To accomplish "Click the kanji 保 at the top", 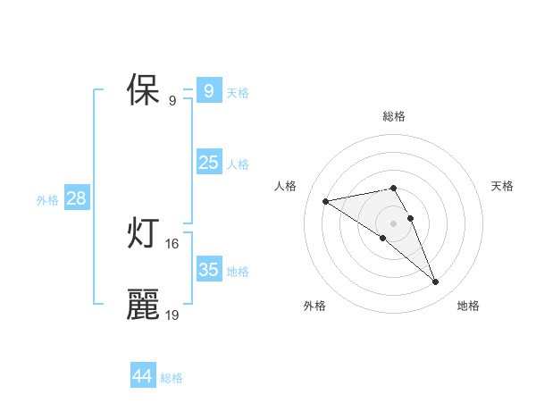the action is pyautogui.click(x=143, y=91).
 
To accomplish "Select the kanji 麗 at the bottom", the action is pyautogui.click(x=143, y=305).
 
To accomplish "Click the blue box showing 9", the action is pyautogui.click(x=208, y=91).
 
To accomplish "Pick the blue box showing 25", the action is pyautogui.click(x=208, y=163).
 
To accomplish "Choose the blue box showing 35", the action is pyautogui.click(x=208, y=270).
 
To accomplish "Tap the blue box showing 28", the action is pyautogui.click(x=76, y=198).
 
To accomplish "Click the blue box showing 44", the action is pyautogui.click(x=143, y=376).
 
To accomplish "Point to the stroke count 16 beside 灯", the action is pyautogui.click(x=172, y=243).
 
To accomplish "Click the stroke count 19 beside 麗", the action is pyautogui.click(x=172, y=315).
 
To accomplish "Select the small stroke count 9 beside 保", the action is pyautogui.click(x=172, y=100).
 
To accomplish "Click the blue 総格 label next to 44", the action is pyautogui.click(x=172, y=378).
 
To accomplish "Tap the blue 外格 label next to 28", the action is pyautogui.click(x=47, y=200).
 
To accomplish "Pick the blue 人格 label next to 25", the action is pyautogui.click(x=238, y=164).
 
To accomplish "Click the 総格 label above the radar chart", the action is pyautogui.click(x=394, y=116).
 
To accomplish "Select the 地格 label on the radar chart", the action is pyautogui.click(x=468, y=306).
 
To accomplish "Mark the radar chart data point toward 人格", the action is pyautogui.click(x=325, y=201).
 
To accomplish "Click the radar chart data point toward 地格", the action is pyautogui.click(x=436, y=282).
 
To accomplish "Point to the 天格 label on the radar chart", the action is pyautogui.click(x=502, y=186).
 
